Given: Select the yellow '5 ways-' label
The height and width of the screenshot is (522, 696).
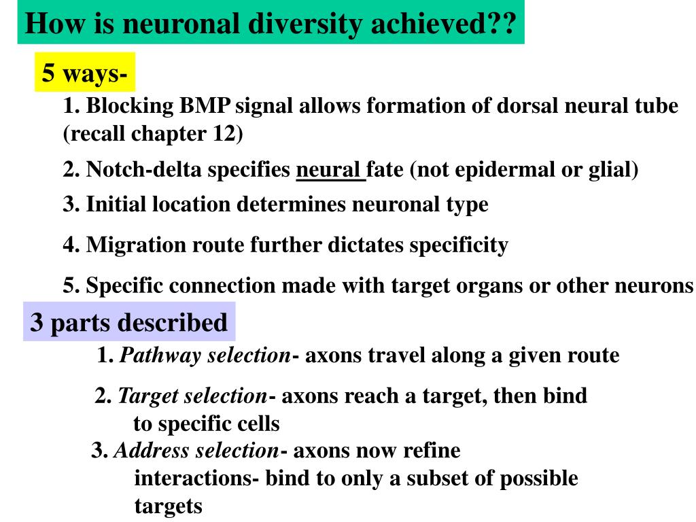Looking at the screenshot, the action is point(84,72).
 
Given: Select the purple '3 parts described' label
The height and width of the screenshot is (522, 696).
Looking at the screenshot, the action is point(129,322).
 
